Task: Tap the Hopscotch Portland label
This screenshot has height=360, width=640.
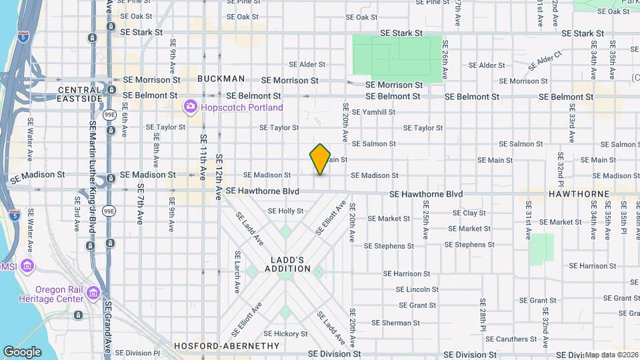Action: pyautogui.click(x=243, y=107)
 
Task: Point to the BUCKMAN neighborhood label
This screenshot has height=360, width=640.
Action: pyautogui.click(x=221, y=79)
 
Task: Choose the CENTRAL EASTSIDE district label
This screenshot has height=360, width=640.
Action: pyautogui.click(x=80, y=94)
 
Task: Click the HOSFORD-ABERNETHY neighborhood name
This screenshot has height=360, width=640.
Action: pyautogui.click(x=227, y=346)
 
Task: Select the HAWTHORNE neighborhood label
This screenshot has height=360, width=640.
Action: pyautogui.click(x=579, y=194)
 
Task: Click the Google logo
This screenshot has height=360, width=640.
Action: pyautogui.click(x=22, y=351)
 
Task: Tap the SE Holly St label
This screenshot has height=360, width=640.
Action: pyautogui.click(x=285, y=211)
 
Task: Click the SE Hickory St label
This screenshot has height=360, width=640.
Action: pyautogui.click(x=285, y=333)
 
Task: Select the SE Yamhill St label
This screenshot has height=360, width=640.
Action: pyautogui.click(x=373, y=112)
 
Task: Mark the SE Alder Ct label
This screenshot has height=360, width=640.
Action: pyautogui.click(x=545, y=63)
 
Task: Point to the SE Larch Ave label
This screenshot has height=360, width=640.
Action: pyautogui.click(x=237, y=273)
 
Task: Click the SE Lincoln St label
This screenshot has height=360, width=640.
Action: pyautogui.click(x=417, y=289)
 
